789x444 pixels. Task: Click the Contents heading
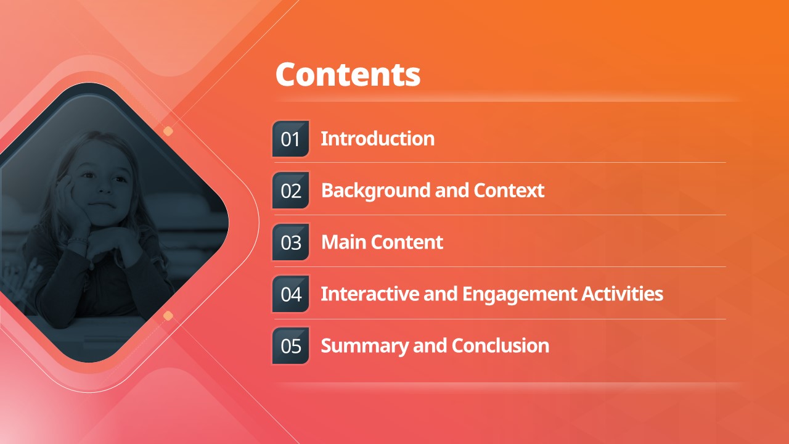point(348,75)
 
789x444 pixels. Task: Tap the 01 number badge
point(290,139)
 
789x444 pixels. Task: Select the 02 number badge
point(290,191)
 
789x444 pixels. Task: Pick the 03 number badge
point(290,242)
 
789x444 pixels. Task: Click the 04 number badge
point(290,294)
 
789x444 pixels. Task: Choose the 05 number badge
point(290,346)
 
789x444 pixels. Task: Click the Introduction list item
point(378,139)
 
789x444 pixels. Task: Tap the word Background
point(376,191)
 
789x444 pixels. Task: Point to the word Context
point(509,191)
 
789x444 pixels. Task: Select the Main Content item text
point(382,242)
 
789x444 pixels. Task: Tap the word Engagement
point(520,295)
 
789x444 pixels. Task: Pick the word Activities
point(623,294)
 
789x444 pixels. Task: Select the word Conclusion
point(501,346)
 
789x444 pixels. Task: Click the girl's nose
point(104,187)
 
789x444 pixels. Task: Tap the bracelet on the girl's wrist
point(78,241)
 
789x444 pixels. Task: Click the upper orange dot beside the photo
point(168,131)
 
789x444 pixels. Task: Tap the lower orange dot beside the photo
point(168,316)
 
